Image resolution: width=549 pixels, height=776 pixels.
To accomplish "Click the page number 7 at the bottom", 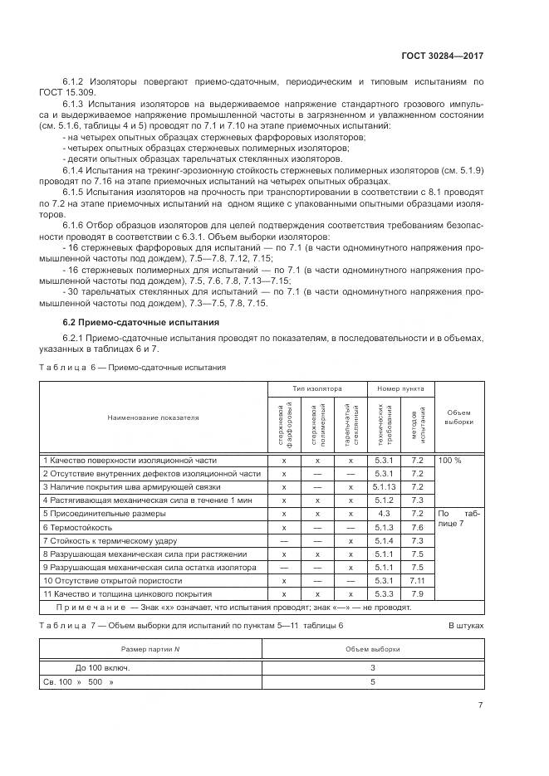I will pyautogui.click(x=480, y=705).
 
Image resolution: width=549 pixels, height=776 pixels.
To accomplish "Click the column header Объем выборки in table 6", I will pyautogui.click(x=458, y=417).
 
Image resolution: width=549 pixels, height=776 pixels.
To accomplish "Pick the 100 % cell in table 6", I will pyautogui.click(x=449, y=459).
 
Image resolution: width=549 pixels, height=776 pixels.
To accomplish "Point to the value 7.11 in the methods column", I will pyautogui.click(x=417, y=580).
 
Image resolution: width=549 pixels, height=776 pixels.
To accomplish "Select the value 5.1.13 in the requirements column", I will pyautogui.click(x=384, y=486).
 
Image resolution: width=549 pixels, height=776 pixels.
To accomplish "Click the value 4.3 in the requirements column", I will pyautogui.click(x=384, y=513).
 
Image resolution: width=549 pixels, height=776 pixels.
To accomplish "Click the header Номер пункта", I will pyautogui.click(x=400, y=388).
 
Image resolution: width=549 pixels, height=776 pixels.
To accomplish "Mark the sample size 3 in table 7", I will pyautogui.click(x=373, y=667).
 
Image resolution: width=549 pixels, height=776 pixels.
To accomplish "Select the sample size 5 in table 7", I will pyautogui.click(x=373, y=682).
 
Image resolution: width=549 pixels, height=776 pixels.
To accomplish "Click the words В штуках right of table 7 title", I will pyautogui.click(x=465, y=625).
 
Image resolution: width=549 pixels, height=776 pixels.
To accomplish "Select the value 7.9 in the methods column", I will pyautogui.click(x=417, y=594).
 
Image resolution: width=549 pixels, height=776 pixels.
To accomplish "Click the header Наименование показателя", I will pyautogui.click(x=153, y=417).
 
